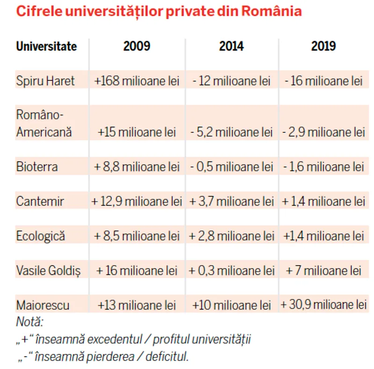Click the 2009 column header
(x=137, y=46)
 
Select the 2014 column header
(x=231, y=46)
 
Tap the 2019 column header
(x=323, y=46)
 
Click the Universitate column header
(x=46, y=47)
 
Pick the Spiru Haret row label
(x=45, y=81)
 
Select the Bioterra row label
(x=37, y=166)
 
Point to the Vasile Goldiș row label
(x=48, y=270)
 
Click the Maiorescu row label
(x=43, y=305)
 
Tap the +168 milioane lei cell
(x=137, y=81)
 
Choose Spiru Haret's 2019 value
(x=323, y=81)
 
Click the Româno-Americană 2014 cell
(x=231, y=132)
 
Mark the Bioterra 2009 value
(x=137, y=166)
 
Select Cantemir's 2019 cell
(x=324, y=202)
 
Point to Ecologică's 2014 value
(x=231, y=236)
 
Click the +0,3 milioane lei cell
(x=231, y=270)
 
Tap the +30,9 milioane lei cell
(x=324, y=305)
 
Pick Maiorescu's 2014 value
(x=231, y=305)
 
